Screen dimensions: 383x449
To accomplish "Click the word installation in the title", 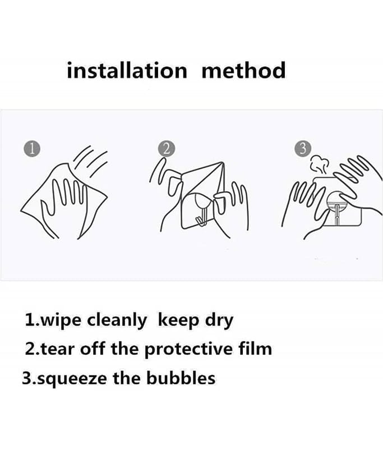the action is point(127,70).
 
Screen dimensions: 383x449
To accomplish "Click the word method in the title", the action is point(244,70).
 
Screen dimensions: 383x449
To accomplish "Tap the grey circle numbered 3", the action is point(303,149).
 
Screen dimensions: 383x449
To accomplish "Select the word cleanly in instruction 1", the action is point(117,320).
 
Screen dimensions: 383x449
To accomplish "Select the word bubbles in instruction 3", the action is point(181,378).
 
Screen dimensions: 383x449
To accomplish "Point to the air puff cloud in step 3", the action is point(319,164).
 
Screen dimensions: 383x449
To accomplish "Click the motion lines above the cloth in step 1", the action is point(90,161).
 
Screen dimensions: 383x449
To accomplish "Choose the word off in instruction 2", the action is point(93,349).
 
